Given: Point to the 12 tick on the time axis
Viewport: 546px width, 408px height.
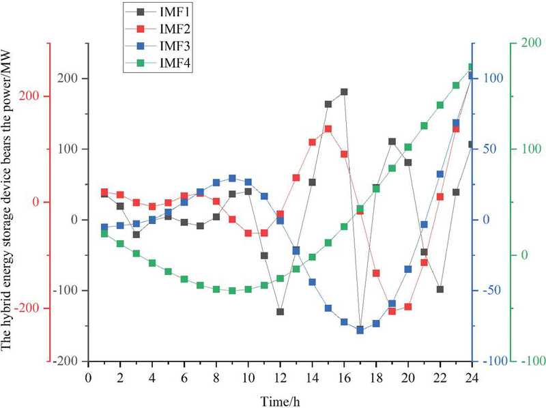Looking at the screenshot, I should pos(280,377).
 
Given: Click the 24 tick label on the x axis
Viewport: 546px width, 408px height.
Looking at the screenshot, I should pos(472,377).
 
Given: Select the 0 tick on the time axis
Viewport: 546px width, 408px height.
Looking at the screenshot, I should pos(88,377).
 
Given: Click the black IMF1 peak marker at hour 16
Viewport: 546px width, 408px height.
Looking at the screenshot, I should pos(344,91).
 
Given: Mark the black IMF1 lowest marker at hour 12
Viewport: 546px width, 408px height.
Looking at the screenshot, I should pos(280,312).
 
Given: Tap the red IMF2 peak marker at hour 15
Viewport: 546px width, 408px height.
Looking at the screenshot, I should pos(328,128).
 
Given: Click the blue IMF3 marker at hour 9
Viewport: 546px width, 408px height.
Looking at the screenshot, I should pos(232,178).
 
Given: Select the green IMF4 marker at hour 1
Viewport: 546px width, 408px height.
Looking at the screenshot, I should pos(104,233).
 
